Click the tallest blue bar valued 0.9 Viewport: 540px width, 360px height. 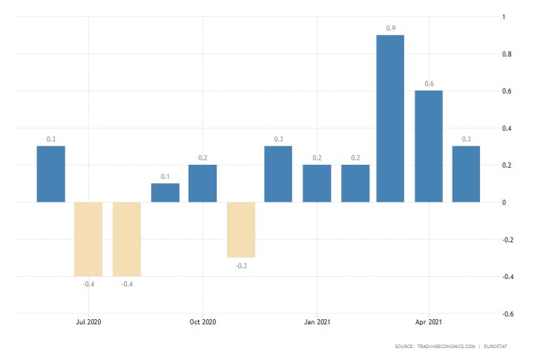click(x=390, y=119)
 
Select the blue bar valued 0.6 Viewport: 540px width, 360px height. click(x=428, y=146)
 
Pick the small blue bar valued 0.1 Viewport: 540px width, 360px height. click(x=165, y=192)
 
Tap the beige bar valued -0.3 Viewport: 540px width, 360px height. click(x=241, y=229)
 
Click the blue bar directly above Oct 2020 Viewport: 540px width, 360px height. click(x=202, y=183)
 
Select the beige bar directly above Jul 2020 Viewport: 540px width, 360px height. click(x=88, y=238)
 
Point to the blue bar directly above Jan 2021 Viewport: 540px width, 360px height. click(x=317, y=183)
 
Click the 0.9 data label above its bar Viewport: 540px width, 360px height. click(x=390, y=28)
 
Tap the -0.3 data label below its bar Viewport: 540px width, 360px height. click(x=241, y=265)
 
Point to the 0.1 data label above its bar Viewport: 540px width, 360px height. click(x=165, y=177)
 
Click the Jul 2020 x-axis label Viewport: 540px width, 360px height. click(x=88, y=322)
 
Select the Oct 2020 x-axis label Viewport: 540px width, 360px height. click(x=202, y=322)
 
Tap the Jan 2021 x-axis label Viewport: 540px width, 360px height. click(x=317, y=322)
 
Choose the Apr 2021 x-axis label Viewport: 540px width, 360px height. click(x=429, y=322)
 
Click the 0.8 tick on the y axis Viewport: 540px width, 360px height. click(x=507, y=54)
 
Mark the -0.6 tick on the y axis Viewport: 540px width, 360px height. click(x=508, y=314)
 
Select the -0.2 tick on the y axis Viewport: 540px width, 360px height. click(x=508, y=240)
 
